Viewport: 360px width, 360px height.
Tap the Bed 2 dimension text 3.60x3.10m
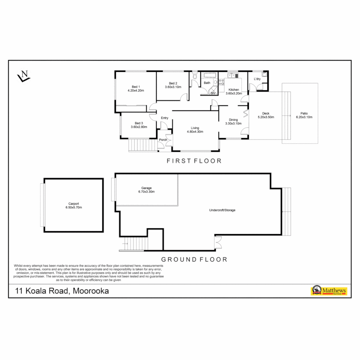click(x=173, y=87)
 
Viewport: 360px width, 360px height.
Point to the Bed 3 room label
click(x=139, y=123)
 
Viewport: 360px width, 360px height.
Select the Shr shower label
click(x=213, y=93)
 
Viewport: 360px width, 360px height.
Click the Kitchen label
click(x=233, y=90)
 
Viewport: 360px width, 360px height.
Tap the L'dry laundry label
click(x=257, y=79)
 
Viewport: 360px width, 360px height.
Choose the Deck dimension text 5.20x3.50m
click(x=266, y=117)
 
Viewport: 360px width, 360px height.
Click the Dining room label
click(x=233, y=120)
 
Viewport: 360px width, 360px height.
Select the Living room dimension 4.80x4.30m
click(x=195, y=132)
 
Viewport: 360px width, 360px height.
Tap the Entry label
click(x=165, y=118)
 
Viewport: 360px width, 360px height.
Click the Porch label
click(x=163, y=140)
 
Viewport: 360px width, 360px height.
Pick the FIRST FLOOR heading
click(x=194, y=161)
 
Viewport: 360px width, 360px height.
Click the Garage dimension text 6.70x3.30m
click(x=146, y=192)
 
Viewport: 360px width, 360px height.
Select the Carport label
click(x=73, y=204)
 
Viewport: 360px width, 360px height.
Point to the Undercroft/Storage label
click(x=222, y=210)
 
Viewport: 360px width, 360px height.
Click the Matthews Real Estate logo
click(x=329, y=291)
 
